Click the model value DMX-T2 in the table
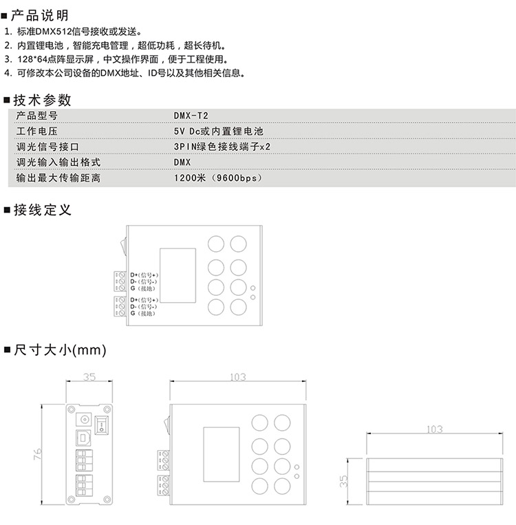189,116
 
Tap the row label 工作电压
36,131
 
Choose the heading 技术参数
42,100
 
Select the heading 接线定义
42,210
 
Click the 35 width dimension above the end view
89,377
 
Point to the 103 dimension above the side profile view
434,429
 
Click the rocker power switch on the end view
103,422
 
